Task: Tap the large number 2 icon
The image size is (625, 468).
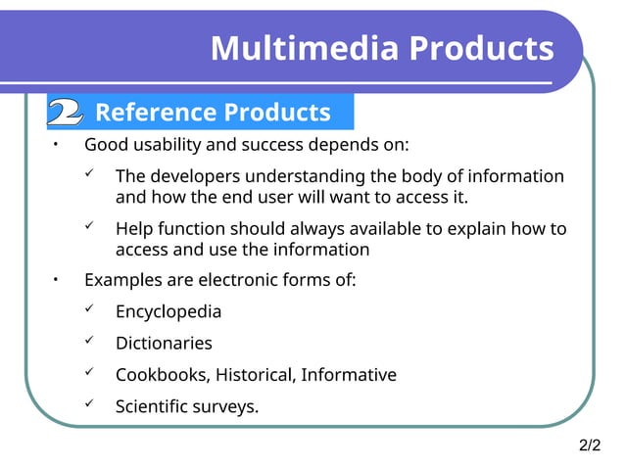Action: click(x=65, y=113)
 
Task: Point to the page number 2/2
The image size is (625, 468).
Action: click(x=590, y=446)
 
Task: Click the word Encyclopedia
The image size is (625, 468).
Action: click(x=168, y=311)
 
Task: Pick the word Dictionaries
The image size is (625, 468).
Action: click(x=164, y=343)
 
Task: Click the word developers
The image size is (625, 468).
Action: click(x=196, y=176)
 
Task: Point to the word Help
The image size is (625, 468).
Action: click(x=134, y=229)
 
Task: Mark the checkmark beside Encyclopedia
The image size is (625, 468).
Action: click(x=88, y=310)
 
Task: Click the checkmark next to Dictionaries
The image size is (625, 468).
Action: click(x=88, y=342)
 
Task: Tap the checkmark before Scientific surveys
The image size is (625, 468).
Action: click(x=88, y=404)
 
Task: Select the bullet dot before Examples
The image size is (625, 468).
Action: click(x=56, y=280)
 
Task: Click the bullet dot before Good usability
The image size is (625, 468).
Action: click(x=56, y=145)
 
